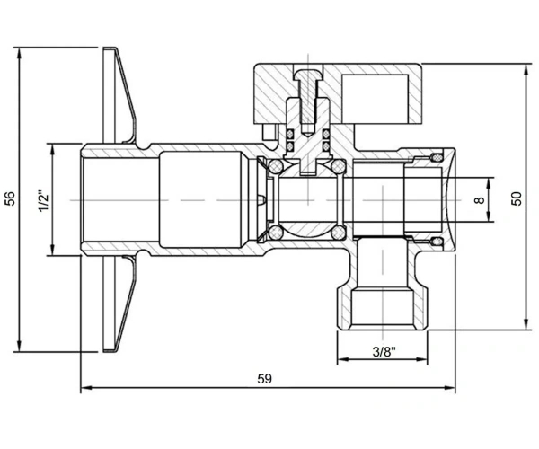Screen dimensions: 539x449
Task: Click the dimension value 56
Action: [11, 198]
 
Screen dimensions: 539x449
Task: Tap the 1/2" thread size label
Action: [44, 200]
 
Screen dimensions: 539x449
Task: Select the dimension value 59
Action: [264, 379]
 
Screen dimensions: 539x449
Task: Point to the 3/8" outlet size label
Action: [384, 352]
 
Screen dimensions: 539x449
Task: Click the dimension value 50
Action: [517, 198]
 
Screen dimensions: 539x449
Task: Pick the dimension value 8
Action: [480, 199]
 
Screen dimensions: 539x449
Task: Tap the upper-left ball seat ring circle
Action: [276, 167]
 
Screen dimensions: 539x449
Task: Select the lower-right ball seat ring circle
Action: [339, 233]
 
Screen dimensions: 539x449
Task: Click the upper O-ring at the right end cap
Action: [437, 157]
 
